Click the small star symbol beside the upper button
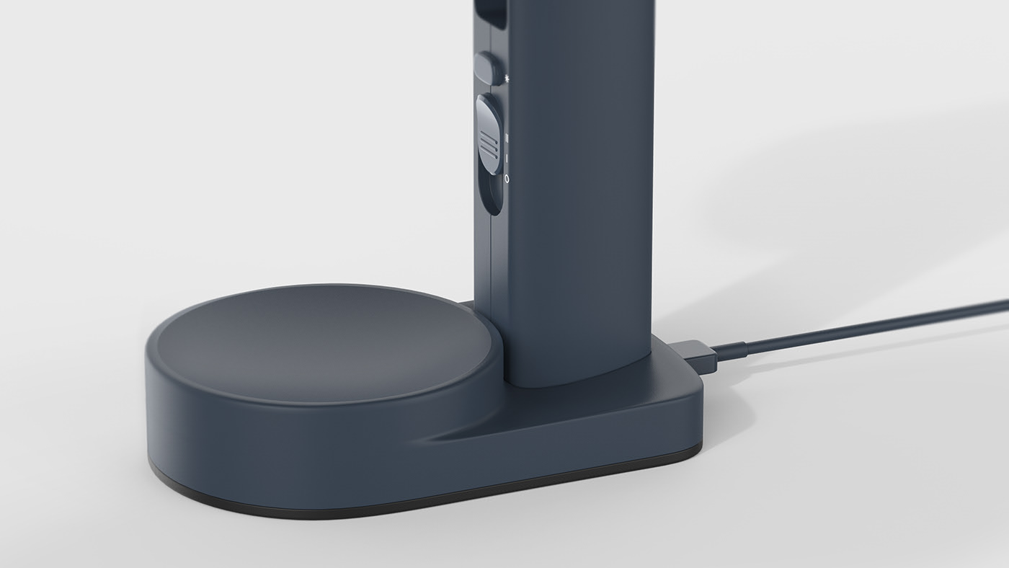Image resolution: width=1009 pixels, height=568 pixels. [x=508, y=76]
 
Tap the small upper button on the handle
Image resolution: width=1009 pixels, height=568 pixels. [x=488, y=67]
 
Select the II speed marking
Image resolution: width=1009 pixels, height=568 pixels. [x=507, y=136]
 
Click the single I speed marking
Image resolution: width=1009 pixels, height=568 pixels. [x=507, y=157]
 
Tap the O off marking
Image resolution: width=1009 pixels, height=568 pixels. [x=507, y=178]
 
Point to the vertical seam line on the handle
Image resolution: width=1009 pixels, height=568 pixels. [x=492, y=288]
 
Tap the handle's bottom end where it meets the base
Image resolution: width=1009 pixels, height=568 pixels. [x=569, y=378]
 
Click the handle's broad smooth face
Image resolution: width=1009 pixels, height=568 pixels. [x=577, y=180]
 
